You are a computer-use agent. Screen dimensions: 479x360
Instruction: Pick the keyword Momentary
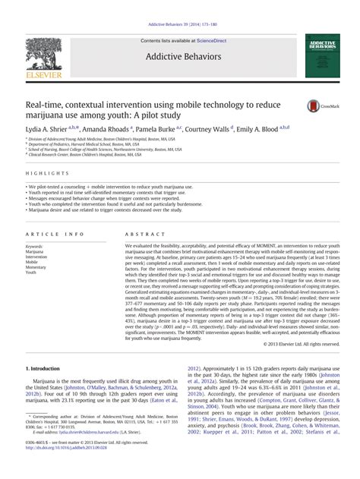point(35,267)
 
